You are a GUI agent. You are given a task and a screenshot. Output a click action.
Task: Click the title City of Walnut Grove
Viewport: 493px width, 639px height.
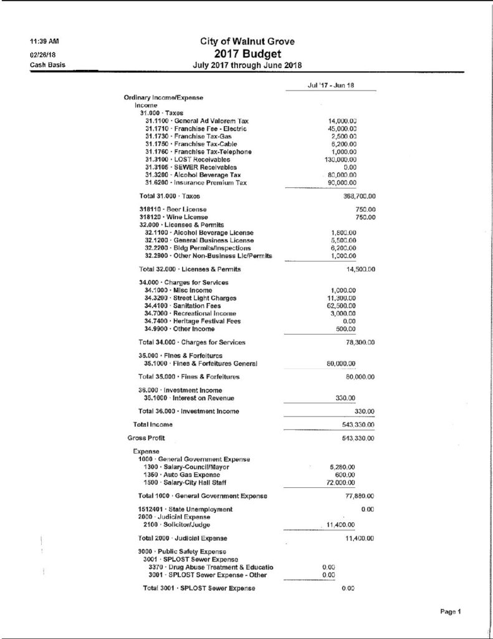[x=247, y=41]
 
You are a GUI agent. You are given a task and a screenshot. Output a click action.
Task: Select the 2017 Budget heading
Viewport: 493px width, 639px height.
[x=247, y=54]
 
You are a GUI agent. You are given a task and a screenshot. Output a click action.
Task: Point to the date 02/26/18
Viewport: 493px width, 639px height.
[x=42, y=54]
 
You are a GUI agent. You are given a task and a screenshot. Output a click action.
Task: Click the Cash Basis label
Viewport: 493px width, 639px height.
[x=47, y=64]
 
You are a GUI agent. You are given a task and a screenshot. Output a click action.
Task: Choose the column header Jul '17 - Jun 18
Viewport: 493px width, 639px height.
[x=331, y=85]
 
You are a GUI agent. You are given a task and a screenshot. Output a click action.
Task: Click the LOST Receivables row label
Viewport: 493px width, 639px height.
[x=187, y=160]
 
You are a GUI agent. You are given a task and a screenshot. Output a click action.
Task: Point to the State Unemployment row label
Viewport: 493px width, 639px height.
[x=186, y=510]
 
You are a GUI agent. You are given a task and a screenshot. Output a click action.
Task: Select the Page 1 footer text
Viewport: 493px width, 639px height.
[x=449, y=612]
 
